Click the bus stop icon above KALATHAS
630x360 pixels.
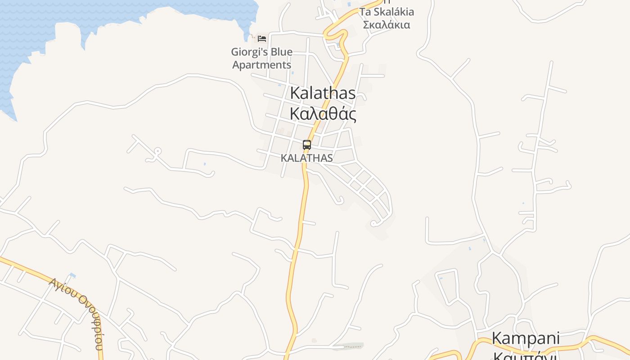(x=307, y=145)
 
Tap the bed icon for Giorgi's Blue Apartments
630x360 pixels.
(x=262, y=38)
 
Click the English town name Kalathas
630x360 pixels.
(x=323, y=94)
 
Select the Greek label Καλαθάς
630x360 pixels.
(x=323, y=114)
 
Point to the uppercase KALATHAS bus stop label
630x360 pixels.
(x=307, y=158)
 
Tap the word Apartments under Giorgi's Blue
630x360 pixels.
(x=261, y=65)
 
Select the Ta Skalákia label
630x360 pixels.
(x=387, y=12)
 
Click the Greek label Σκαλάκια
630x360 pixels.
(x=387, y=25)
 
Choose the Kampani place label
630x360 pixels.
(x=525, y=338)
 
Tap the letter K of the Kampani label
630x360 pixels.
(x=496, y=338)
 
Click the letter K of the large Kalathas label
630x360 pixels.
(x=295, y=94)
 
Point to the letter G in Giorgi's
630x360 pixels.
(x=235, y=52)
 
